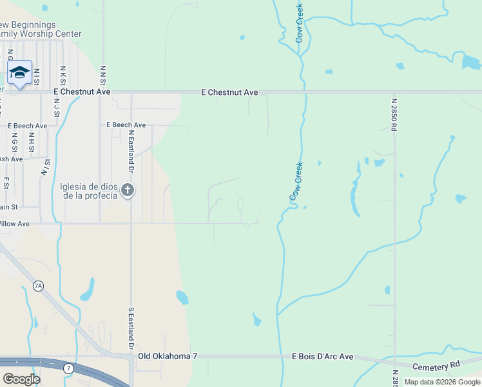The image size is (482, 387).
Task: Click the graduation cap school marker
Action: tap(19, 73)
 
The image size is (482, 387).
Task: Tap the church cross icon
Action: tap(128, 190)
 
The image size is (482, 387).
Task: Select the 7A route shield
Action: tap(39, 286)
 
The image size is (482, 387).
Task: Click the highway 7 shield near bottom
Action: tap(68, 368)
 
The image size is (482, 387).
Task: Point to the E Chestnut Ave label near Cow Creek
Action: tap(229, 92)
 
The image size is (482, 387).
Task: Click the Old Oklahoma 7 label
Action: tap(168, 356)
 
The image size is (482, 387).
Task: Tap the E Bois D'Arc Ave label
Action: tap(323, 356)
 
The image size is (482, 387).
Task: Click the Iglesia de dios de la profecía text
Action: tap(89, 191)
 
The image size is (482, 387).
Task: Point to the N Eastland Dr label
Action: tap(131, 151)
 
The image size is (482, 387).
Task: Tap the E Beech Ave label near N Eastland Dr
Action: tap(126, 124)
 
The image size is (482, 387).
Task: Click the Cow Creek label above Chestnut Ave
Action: tap(300, 23)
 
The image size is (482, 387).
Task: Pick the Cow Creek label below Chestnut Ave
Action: tap(296, 181)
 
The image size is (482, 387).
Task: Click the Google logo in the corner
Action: tap(21, 379)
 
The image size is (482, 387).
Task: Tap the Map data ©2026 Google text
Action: tap(442, 382)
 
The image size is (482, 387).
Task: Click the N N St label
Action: tap(102, 74)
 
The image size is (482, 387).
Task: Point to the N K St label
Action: tap(63, 75)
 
